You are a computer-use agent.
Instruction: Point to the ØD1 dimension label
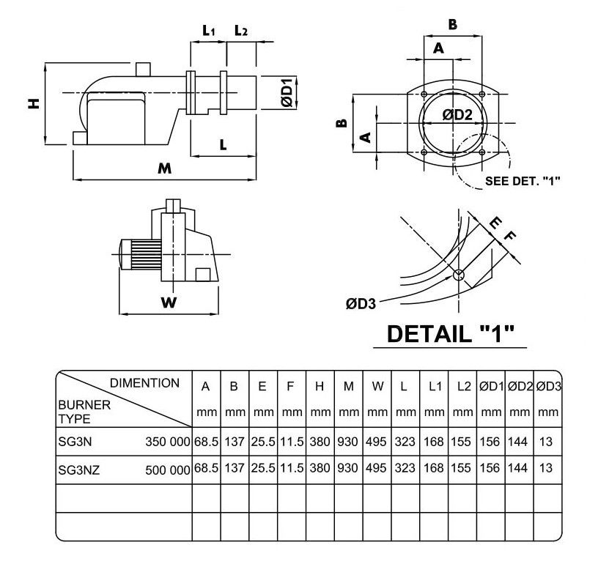287,92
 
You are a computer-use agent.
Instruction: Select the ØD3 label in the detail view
361,302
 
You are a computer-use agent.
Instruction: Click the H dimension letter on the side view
33,104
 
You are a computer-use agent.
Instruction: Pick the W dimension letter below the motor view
169,303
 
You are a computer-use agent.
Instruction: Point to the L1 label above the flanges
209,31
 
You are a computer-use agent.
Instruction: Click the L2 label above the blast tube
241,31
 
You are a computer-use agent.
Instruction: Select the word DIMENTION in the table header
144,383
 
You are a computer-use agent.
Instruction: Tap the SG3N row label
74,442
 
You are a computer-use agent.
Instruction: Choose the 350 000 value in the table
168,442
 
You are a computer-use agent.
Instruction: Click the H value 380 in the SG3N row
320,442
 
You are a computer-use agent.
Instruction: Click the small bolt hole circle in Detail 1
459,275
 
